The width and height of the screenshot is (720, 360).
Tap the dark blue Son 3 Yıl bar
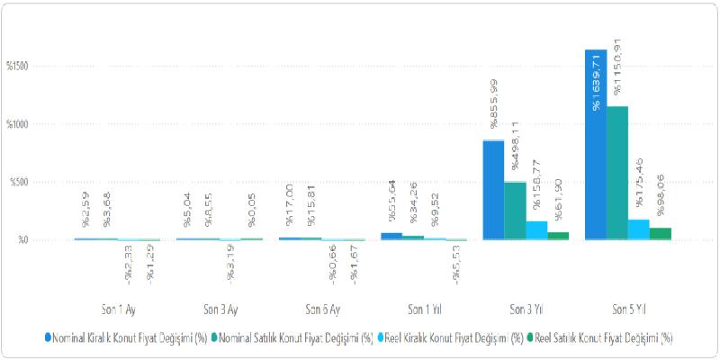(493, 190)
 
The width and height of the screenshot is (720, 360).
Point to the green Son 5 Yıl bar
(660, 234)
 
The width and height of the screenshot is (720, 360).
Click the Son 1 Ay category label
(117, 309)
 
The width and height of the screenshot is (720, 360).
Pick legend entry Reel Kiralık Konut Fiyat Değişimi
(453, 338)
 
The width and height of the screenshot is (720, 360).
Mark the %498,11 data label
(516, 145)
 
